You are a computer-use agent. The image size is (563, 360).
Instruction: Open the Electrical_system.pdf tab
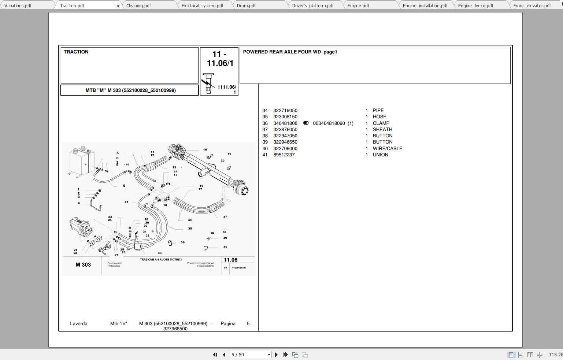[202, 5]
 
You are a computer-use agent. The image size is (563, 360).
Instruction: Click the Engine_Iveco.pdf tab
[475, 5]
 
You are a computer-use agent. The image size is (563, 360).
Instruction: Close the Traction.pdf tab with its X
[118, 6]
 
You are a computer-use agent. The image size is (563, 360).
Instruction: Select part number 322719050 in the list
[285, 110]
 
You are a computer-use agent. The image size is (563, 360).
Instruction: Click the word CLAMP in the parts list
[381, 123]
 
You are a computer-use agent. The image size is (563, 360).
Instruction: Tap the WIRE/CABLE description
[387, 148]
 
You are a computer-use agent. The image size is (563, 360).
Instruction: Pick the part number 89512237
[284, 155]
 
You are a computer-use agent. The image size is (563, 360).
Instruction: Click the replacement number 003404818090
[329, 123]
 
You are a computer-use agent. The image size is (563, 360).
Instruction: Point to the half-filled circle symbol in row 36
[306, 123]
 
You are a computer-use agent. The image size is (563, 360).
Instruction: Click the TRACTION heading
[76, 52]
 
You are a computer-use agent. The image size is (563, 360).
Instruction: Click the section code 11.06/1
[220, 63]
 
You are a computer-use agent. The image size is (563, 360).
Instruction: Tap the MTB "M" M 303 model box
[130, 90]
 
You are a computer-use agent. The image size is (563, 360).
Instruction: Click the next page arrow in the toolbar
[276, 355]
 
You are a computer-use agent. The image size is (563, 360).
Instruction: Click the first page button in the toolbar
[215, 355]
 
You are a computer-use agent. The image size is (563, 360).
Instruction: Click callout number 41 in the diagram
[126, 202]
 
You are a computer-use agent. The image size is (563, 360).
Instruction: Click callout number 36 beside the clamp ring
[182, 242]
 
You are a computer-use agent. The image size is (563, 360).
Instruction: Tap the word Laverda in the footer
[78, 323]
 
